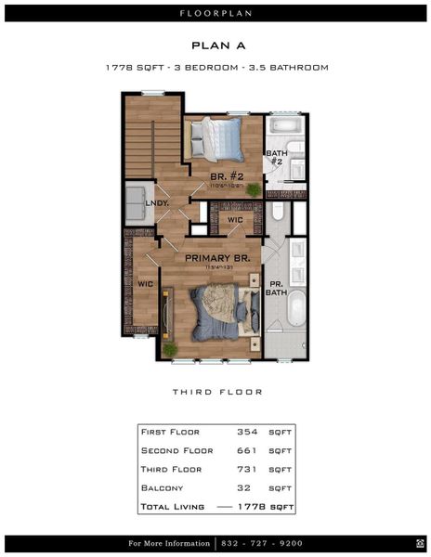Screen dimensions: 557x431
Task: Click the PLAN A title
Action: pos(215,45)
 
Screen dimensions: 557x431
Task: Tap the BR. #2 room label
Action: pos(226,175)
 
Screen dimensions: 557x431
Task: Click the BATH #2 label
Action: pos(276,158)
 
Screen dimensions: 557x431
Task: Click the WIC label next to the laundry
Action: pos(235,221)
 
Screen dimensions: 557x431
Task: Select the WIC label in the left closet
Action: pos(145,284)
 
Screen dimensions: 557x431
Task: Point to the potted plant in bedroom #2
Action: pos(254,188)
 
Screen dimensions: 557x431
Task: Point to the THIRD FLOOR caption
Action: pos(215,392)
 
